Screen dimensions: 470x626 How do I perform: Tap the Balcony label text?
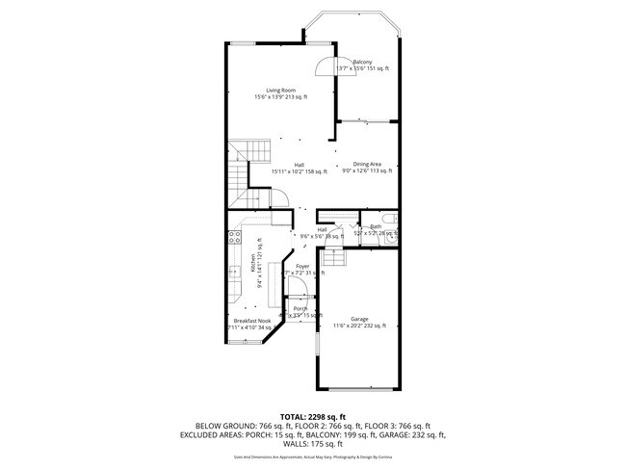(x=363, y=62)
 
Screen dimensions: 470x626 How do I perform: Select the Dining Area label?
(x=367, y=164)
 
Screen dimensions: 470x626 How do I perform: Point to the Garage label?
(x=359, y=319)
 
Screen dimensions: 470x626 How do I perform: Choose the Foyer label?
(x=302, y=266)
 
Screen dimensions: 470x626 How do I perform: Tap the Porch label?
(x=300, y=308)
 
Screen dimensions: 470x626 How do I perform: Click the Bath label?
(x=376, y=226)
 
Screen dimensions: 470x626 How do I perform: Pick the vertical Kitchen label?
(x=252, y=262)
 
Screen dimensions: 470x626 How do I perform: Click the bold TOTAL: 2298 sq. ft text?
(x=313, y=416)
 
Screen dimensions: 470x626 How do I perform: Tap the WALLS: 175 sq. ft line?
(x=313, y=444)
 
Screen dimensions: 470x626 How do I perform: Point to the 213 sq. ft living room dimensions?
(x=281, y=97)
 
